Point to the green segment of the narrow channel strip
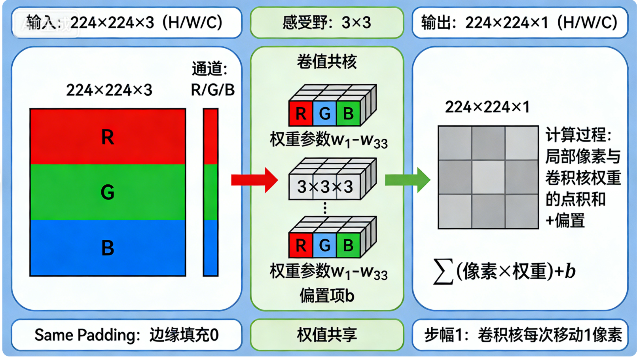click(x=210, y=192)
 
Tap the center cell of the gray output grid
click(x=488, y=177)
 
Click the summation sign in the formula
click(x=443, y=271)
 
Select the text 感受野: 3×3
click(x=327, y=23)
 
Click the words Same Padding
click(x=85, y=335)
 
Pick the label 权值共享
click(x=327, y=335)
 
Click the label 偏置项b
click(x=327, y=296)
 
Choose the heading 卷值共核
click(x=327, y=62)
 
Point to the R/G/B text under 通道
click(x=212, y=90)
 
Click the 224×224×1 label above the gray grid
click(x=487, y=107)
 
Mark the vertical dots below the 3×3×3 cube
click(x=325, y=208)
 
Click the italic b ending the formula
click(x=570, y=271)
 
